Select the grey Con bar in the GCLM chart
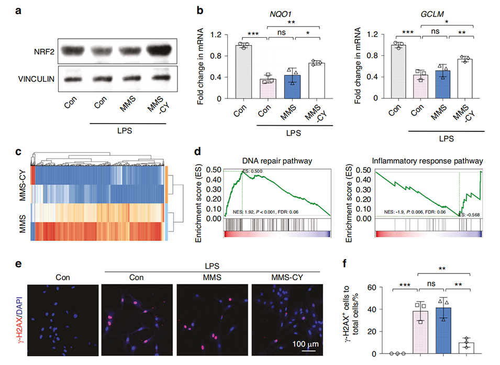pos(398,72)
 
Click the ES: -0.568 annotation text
pos(469,214)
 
